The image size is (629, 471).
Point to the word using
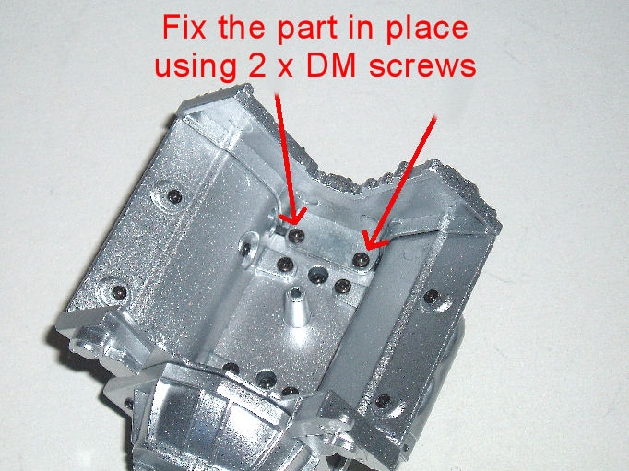coord(196,65)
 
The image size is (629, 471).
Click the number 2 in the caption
coord(256,65)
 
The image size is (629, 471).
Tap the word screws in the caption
coord(422,66)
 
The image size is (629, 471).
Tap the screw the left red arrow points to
coord(296,237)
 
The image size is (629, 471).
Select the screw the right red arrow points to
coord(361,261)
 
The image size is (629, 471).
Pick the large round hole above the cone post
coord(318,276)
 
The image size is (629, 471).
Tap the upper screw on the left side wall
coord(174,196)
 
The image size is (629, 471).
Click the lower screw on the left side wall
coord(119,292)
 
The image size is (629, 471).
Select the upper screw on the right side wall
coord(432,297)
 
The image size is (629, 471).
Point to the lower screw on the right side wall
coord(383,400)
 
